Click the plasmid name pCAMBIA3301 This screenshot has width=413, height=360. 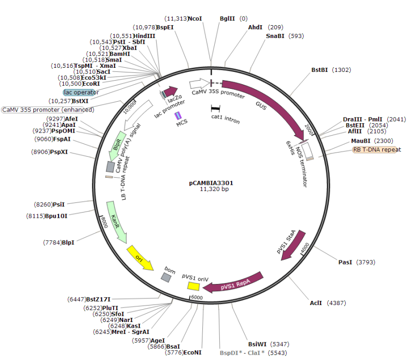[x=212, y=182]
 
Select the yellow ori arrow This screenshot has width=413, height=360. [x=140, y=257]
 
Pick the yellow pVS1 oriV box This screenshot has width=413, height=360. [x=193, y=286]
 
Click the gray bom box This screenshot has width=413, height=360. [x=166, y=277]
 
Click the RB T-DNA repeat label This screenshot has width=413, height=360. [x=377, y=150]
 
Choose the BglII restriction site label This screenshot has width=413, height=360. [x=227, y=18]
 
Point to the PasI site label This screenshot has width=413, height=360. [x=345, y=262]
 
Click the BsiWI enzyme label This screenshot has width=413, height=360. [x=257, y=344]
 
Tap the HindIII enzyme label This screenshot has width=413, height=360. [x=144, y=35]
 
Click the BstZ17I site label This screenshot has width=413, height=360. [x=98, y=299]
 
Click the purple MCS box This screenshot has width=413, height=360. [x=178, y=116]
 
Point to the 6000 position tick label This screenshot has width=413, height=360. [x=197, y=297]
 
